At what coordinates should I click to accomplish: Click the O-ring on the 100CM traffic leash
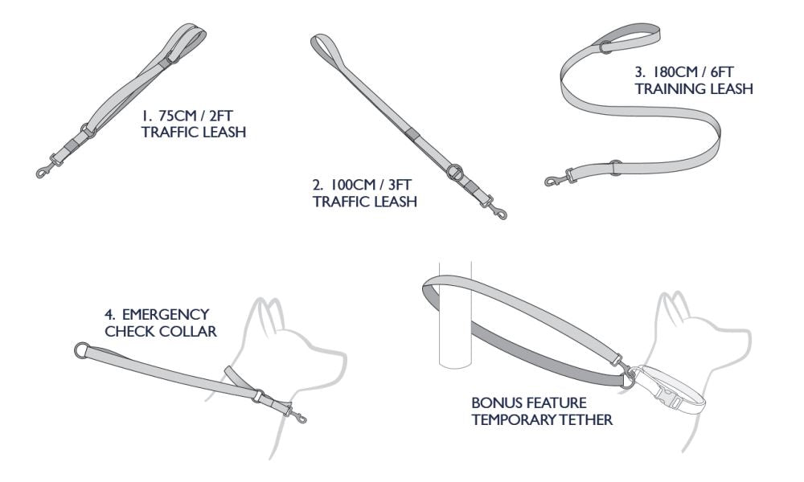pos(454,172)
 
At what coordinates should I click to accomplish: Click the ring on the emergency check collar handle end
pos(82,351)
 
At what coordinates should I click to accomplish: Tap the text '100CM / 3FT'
pos(370,185)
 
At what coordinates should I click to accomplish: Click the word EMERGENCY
pos(165,314)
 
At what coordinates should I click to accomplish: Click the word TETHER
pos(587,419)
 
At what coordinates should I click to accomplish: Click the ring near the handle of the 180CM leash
pos(606,47)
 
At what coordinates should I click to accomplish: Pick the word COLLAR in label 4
pos(191,332)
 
